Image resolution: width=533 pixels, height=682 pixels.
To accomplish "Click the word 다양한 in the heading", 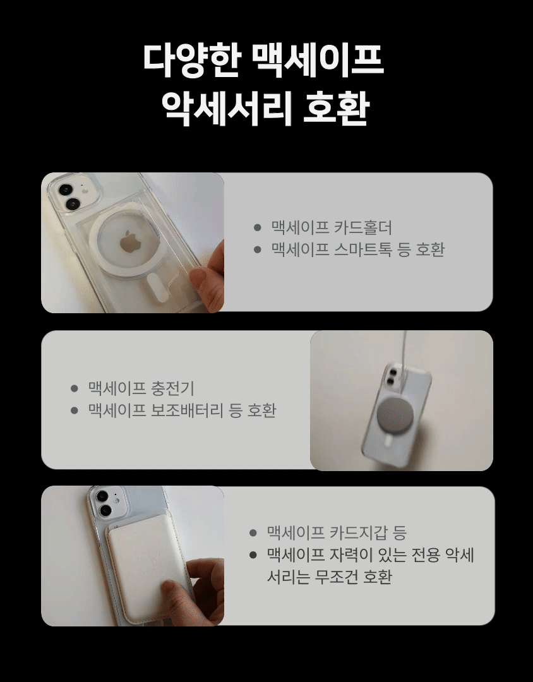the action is [x=192, y=61].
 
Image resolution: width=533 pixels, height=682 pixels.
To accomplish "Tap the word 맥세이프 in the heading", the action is [x=318, y=61].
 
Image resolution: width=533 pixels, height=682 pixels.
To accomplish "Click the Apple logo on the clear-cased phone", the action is [x=129, y=241].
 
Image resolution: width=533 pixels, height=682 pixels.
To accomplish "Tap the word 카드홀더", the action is [x=363, y=227].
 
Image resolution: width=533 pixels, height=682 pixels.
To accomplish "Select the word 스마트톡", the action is [x=363, y=249].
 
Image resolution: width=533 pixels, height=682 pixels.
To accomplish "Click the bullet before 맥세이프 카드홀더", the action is [x=257, y=227].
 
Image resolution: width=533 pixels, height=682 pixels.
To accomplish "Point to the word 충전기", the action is [x=172, y=388].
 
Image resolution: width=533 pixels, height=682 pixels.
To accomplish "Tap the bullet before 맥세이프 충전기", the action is [x=74, y=388].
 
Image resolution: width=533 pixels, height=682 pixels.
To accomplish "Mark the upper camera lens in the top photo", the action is [x=66, y=189].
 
